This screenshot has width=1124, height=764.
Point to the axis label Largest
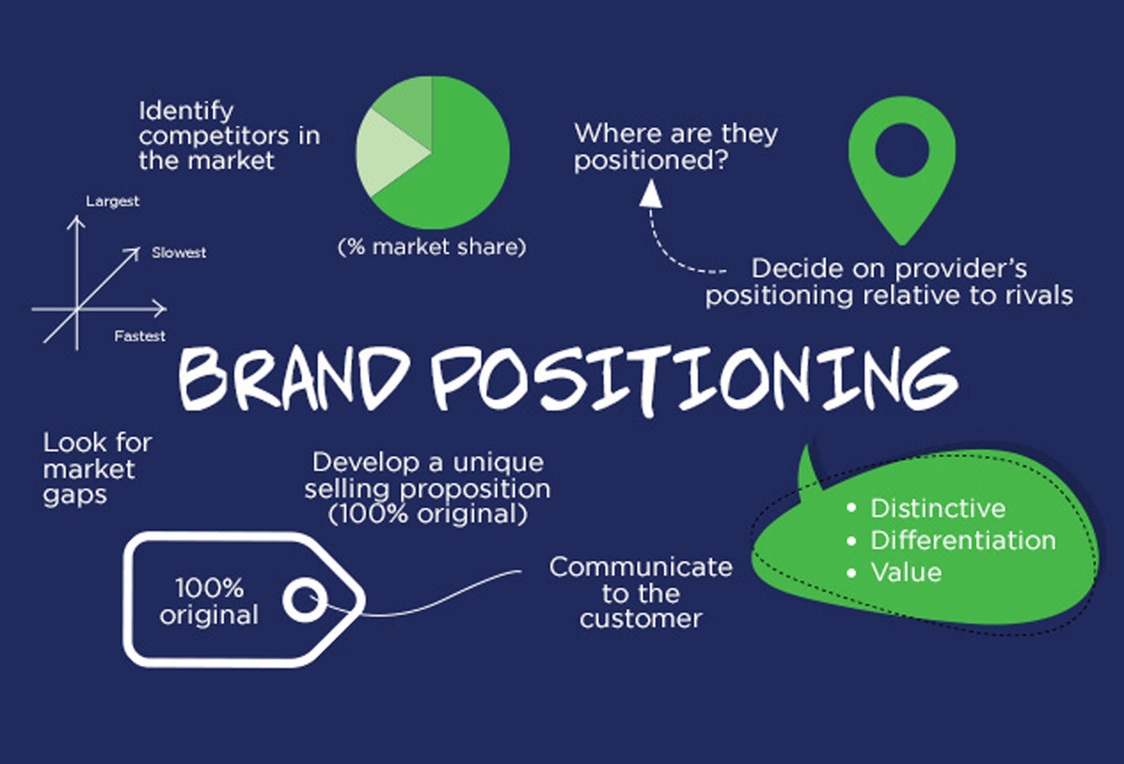point(113,201)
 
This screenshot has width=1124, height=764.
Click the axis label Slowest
point(179,253)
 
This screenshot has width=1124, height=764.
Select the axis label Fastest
point(140,336)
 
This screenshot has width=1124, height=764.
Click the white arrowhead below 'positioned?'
point(651,193)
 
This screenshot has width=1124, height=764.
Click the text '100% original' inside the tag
point(209,601)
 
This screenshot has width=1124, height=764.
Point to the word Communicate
point(641,567)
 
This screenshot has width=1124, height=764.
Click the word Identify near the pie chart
point(186,111)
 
